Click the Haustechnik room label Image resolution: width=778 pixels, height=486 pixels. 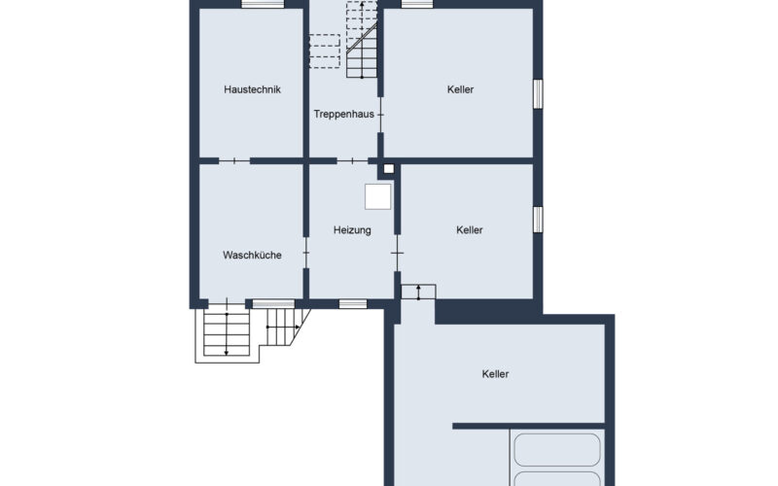click(x=252, y=89)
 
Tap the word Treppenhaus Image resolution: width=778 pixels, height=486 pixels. click(x=344, y=115)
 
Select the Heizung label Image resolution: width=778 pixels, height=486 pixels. click(x=352, y=230)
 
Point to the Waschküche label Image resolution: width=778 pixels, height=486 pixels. click(x=252, y=256)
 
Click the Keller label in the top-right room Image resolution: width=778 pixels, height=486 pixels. click(x=460, y=89)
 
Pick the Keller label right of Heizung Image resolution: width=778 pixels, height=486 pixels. click(x=470, y=230)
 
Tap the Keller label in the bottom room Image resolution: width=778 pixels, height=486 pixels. click(x=495, y=374)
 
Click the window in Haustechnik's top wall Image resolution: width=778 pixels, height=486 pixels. click(x=263, y=5)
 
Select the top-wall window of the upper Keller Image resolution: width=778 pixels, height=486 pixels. click(x=417, y=5)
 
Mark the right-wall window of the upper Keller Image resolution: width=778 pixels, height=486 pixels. click(x=538, y=93)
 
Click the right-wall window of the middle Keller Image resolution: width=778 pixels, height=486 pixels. click(x=538, y=220)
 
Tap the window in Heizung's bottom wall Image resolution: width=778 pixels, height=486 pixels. click(x=353, y=304)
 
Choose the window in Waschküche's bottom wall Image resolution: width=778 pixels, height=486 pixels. click(x=274, y=304)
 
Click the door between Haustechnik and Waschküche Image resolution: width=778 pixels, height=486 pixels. click(x=234, y=160)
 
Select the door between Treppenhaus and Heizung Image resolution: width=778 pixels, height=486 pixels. click(x=352, y=160)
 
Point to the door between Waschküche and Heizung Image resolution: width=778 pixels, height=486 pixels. click(x=306, y=253)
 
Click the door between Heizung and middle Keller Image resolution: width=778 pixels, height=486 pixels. click(x=398, y=253)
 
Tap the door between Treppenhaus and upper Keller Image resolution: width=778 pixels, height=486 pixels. click(x=380, y=115)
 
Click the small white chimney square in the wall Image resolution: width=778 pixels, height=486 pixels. click(x=389, y=169)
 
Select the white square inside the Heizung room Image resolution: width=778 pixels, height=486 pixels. click(x=378, y=197)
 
